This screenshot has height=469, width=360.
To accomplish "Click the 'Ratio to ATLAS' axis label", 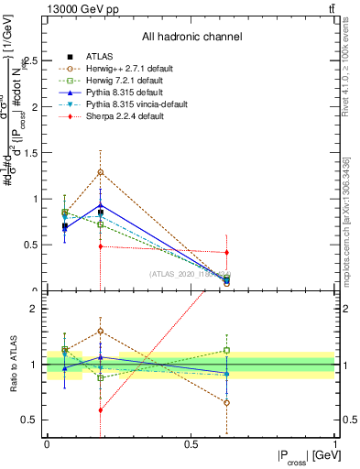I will point(13,365).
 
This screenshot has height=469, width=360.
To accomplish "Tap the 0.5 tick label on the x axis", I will point(191,443).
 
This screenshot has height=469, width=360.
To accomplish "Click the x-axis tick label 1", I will point(334,443).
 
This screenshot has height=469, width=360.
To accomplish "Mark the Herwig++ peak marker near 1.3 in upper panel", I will point(100,172).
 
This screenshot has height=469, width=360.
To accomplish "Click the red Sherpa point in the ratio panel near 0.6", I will point(100,409).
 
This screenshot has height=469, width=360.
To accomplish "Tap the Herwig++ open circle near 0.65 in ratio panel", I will point(226,402).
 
